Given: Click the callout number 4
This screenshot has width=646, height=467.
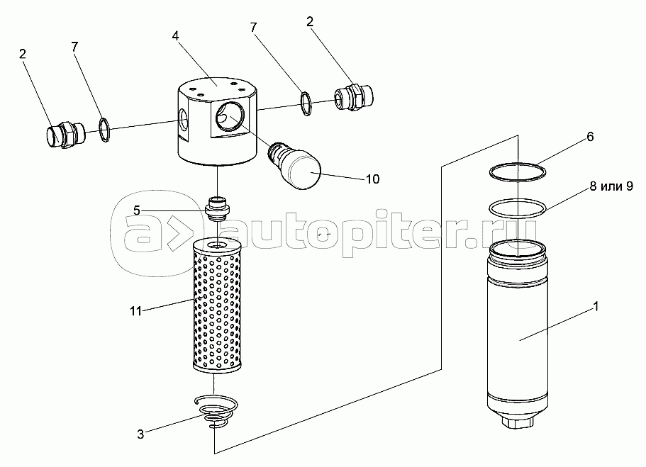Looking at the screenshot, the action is tap(176, 36).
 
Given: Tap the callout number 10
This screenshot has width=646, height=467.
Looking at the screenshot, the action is tap(372, 179).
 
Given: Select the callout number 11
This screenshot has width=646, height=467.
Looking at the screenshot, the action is tap(135, 311).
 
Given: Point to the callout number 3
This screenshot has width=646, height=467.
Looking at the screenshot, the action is tap(140, 434).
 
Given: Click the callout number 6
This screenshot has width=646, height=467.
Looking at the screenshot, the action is tap(590, 137).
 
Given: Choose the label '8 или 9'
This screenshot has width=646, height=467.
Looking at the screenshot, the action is tap(611, 186).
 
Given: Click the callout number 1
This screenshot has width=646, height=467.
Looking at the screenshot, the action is tap(596, 306).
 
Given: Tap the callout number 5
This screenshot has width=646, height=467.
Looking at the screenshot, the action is tap(136, 211).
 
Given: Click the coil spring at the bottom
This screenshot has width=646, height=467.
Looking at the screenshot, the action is tap(216, 412).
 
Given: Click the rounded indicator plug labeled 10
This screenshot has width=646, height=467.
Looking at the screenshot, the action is tap(294, 164).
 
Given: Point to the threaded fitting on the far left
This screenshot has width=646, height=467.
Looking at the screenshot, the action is tap(65, 133).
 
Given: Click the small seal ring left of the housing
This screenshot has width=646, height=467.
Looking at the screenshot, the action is tap(105, 130).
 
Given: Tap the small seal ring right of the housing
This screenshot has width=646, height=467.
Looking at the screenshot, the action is tap(306, 103).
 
